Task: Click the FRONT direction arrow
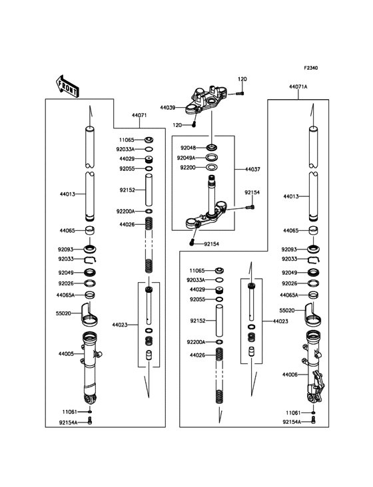(x=67, y=86)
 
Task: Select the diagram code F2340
(x=311, y=68)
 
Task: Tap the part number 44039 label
(x=168, y=108)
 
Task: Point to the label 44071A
(x=298, y=87)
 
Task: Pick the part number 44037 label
(x=252, y=169)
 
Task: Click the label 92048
(x=188, y=148)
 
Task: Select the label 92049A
(x=186, y=158)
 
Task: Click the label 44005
(x=66, y=354)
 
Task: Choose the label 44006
(x=290, y=375)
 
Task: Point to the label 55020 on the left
(x=63, y=313)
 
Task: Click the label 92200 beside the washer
(x=188, y=168)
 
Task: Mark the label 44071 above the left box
(x=139, y=115)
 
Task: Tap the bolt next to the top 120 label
(x=240, y=93)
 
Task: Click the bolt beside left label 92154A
(x=90, y=421)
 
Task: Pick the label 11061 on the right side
(x=293, y=412)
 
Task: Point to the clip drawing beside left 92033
(x=90, y=259)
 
